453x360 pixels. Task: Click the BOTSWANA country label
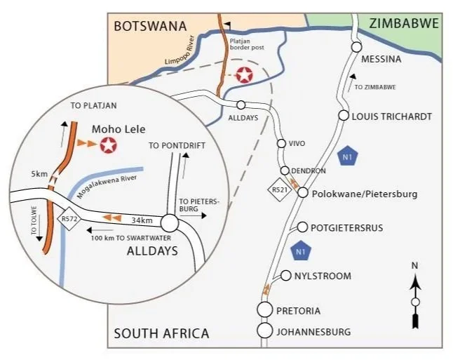click(150, 26)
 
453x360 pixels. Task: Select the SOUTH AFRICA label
click(161, 333)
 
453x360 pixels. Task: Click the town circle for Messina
click(356, 47)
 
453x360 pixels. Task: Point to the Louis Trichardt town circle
click(344, 116)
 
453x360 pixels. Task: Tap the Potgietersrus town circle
click(303, 227)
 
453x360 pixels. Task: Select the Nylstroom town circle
click(286, 276)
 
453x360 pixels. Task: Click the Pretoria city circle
click(265, 309)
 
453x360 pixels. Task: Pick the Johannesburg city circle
click(265, 331)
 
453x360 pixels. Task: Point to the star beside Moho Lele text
click(109, 146)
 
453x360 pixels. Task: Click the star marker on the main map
click(243, 75)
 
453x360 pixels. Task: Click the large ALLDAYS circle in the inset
click(169, 223)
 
